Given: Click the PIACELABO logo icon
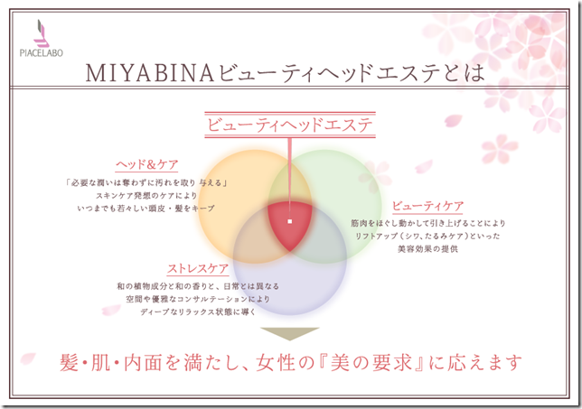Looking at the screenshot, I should coord(40,34).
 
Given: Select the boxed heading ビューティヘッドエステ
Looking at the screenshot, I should coord(289,125).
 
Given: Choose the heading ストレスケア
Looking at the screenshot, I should coord(196,269).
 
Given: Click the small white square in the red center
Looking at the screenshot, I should coord(289,220).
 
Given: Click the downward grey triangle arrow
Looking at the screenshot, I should coord(290,330).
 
